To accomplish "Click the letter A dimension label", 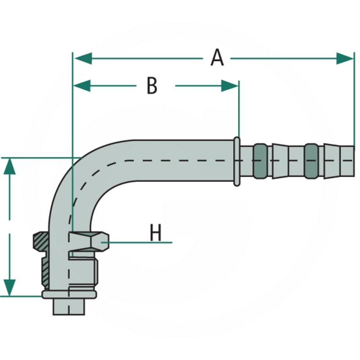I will pyautogui.click(x=217, y=58).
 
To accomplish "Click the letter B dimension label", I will pyautogui.click(x=152, y=85).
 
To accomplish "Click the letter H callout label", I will pyautogui.click(x=156, y=234).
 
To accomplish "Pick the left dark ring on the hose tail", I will pyautogui.click(x=260, y=161).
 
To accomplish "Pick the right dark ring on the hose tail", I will pyautogui.click(x=311, y=161).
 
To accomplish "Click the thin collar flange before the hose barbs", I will pyautogui.click(x=237, y=161).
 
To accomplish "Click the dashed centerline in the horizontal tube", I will pyautogui.click(x=180, y=160).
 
